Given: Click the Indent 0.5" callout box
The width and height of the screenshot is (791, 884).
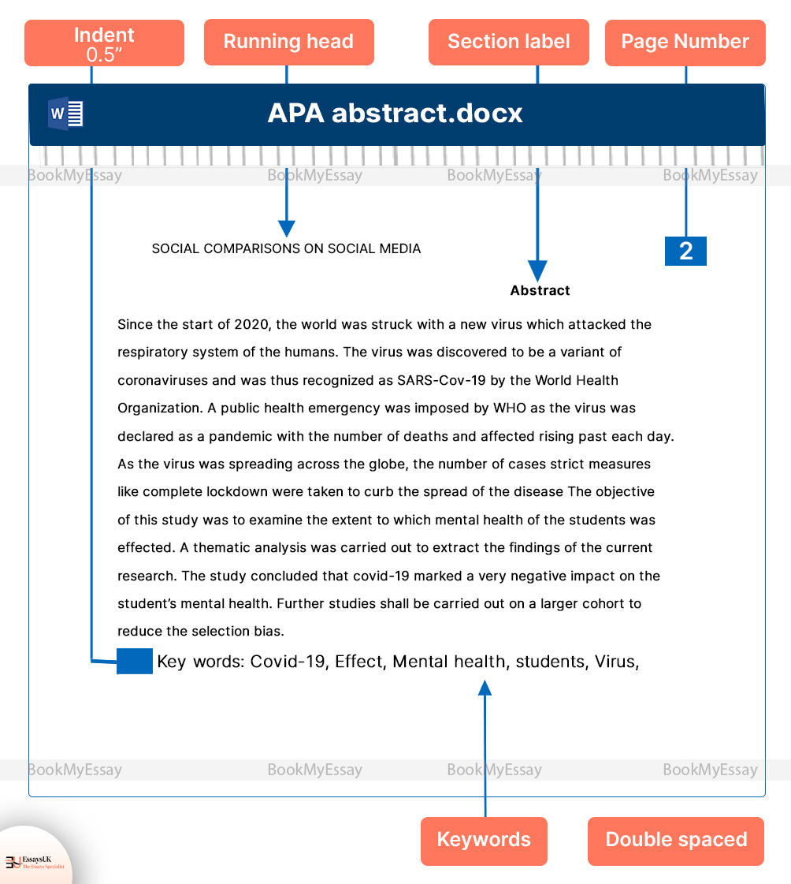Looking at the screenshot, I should click(104, 43).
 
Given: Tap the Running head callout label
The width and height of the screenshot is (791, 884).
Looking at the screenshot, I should click(288, 43).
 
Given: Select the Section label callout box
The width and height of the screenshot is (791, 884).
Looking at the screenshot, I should click(508, 43).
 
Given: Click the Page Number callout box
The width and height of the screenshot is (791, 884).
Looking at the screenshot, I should click(685, 43).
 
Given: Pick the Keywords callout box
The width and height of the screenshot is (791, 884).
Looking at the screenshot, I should click(484, 841).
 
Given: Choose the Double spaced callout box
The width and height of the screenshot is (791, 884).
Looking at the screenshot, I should click(676, 841).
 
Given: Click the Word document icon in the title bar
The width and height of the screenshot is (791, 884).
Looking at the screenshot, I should click(65, 114).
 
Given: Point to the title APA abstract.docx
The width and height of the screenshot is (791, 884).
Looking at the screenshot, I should click(395, 114).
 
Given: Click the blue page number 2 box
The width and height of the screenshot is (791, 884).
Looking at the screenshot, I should click(685, 251).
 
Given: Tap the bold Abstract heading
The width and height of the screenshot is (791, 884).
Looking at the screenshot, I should click(540, 291).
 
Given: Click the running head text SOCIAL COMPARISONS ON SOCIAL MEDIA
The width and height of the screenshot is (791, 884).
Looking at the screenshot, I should click(286, 249).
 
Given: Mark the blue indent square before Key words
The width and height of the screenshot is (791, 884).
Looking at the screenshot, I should click(135, 662).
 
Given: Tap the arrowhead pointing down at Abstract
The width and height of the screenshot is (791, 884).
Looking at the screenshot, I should click(537, 271).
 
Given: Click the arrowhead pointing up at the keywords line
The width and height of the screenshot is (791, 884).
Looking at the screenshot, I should click(485, 688).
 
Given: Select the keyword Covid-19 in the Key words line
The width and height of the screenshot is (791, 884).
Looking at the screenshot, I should click(288, 662).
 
